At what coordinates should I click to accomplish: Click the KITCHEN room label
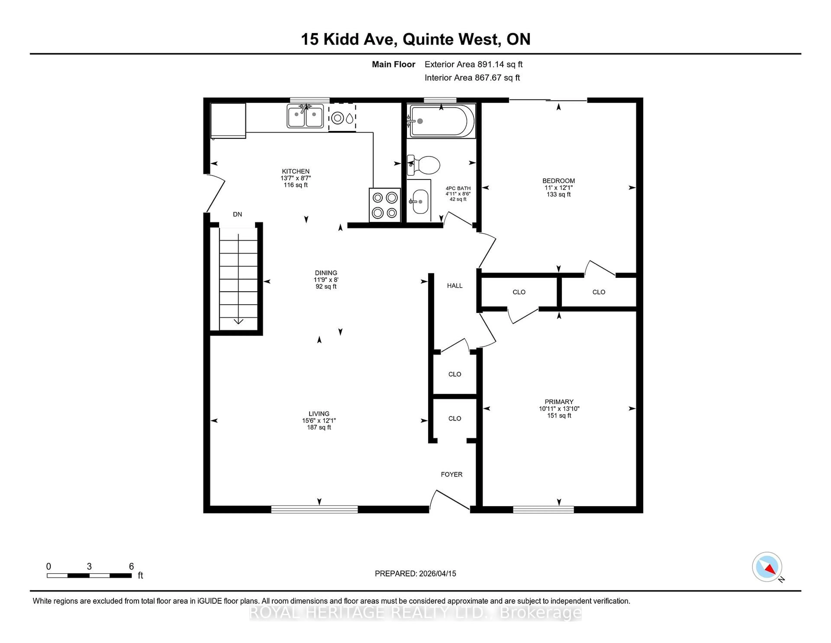(x=296, y=171)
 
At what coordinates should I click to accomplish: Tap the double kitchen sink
(x=305, y=116)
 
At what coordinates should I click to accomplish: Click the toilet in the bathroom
(x=424, y=165)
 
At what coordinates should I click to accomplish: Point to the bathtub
(x=441, y=121)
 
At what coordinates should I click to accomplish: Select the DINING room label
(x=326, y=273)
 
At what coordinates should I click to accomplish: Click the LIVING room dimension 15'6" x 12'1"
(x=319, y=421)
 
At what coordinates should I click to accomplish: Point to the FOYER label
(x=452, y=474)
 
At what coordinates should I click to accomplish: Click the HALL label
(x=455, y=286)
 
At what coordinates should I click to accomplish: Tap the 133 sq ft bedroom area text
(x=559, y=194)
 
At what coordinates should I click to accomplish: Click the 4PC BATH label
(x=458, y=188)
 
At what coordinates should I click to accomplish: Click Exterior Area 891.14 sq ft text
(x=473, y=64)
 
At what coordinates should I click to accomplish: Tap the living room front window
(x=314, y=509)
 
